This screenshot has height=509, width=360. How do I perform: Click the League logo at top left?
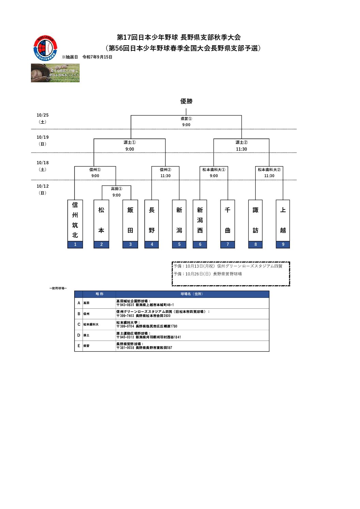(x=45, y=48)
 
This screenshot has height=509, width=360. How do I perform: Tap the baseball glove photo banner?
(x=55, y=73)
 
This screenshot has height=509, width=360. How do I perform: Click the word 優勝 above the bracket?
(x=186, y=101)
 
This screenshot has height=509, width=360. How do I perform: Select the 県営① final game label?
(x=186, y=119)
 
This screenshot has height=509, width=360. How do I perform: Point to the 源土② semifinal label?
(x=242, y=142)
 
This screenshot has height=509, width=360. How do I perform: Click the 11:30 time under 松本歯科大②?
(x=269, y=176)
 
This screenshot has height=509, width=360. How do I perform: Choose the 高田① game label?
(x=116, y=189)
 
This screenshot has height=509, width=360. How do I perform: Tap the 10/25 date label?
(x=43, y=115)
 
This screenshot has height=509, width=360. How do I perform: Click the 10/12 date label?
(x=43, y=186)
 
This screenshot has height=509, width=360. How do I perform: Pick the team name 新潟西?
(x=200, y=220)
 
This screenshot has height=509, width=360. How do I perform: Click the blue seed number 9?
(x=283, y=244)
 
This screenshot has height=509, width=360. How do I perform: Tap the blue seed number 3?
(x=130, y=244)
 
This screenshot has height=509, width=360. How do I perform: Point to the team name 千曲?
(x=228, y=220)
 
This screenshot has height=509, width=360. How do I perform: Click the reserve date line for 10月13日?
(x=228, y=266)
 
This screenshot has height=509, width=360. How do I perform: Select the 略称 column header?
(x=99, y=294)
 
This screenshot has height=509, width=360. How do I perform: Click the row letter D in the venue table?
(x=79, y=335)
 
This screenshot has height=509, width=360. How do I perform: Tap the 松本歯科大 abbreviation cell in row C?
(x=91, y=324)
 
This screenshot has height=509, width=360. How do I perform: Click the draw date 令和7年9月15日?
(x=97, y=57)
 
